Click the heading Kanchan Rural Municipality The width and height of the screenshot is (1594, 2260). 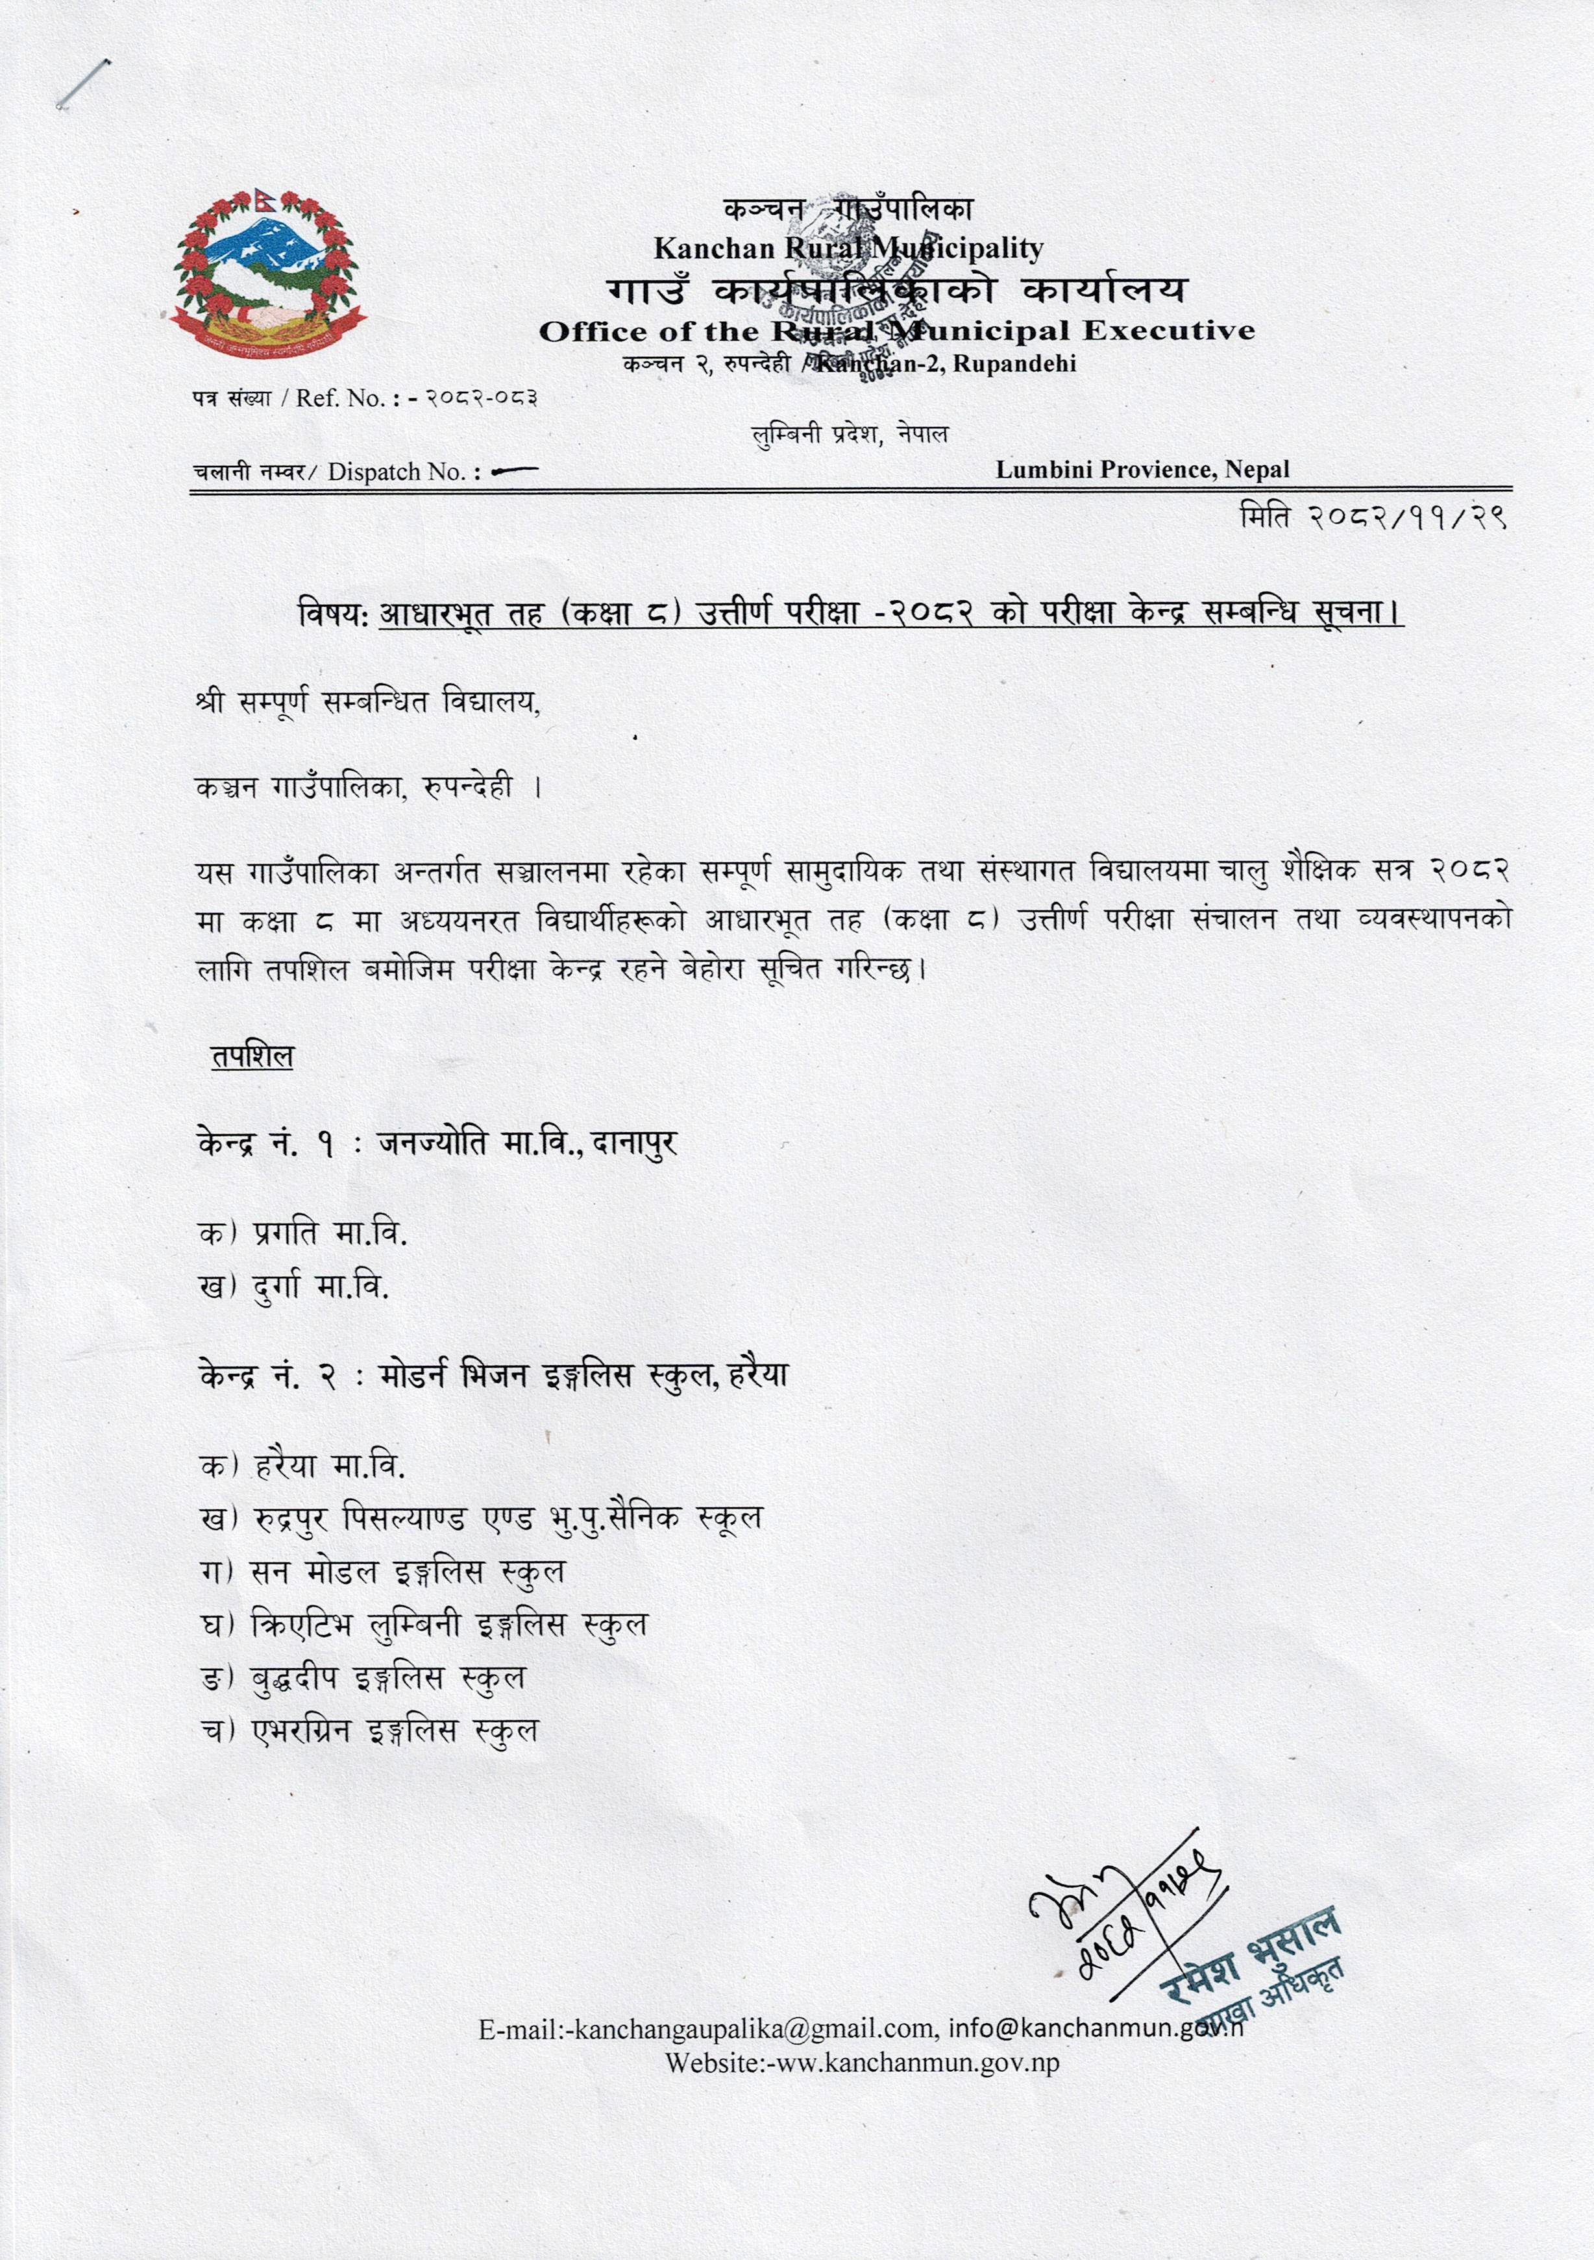(848, 248)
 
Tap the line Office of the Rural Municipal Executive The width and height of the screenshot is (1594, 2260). (896, 331)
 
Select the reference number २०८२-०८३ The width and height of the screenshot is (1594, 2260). (480, 398)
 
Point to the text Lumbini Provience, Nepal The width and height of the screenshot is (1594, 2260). (1142, 470)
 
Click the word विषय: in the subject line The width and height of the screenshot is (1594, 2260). (334, 613)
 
